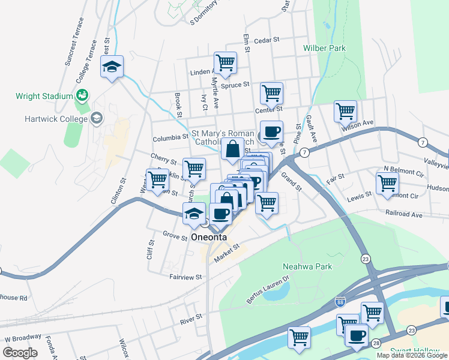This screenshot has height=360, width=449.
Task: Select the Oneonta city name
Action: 209,237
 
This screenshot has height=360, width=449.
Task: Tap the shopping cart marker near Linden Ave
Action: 225,62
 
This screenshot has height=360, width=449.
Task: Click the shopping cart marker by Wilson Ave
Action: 345,111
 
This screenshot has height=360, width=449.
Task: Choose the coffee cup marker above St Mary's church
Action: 271,131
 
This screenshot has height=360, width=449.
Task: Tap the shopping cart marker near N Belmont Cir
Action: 387,182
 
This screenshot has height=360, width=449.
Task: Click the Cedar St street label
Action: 267,40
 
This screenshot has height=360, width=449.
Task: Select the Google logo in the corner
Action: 20,353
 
